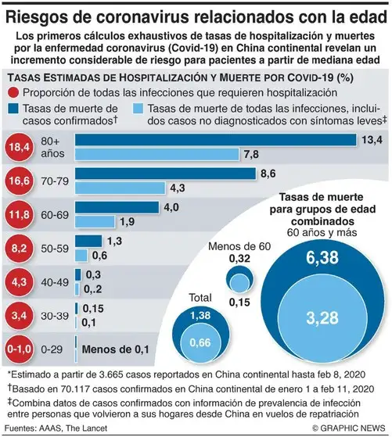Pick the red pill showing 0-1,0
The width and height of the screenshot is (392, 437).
coord(19,348)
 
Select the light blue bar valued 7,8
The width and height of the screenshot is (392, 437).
coord(157,154)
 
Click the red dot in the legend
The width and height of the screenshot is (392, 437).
coord(11,91)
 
